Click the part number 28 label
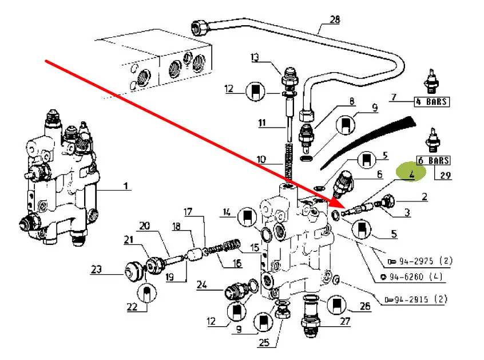[334, 20]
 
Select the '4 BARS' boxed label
[432, 102]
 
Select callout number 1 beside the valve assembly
[126, 186]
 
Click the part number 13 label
[255, 57]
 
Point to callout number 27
[345, 322]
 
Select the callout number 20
[145, 227]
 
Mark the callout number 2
[425, 197]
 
